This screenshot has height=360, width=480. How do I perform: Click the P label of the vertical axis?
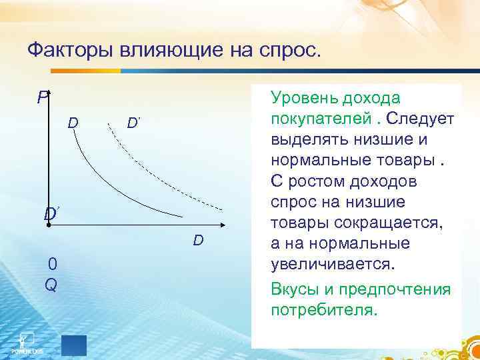43,98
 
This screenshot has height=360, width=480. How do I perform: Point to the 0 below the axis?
52,265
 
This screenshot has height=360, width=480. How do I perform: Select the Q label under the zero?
51,284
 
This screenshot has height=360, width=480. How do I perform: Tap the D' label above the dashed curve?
133,123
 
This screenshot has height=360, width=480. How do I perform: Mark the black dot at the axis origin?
49,227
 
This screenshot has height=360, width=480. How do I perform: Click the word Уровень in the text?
303,99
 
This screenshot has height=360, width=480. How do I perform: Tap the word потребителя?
324,311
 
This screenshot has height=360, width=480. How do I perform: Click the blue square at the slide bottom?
74,345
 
